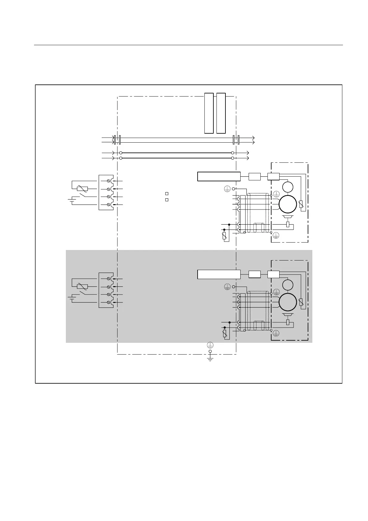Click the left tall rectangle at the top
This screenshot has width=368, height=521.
(209, 113)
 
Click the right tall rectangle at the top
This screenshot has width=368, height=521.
(221, 113)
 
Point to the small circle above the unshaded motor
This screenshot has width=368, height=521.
(288, 187)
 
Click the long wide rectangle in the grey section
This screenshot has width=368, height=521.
(219, 274)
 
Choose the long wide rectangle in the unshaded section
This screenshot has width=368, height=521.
(219, 176)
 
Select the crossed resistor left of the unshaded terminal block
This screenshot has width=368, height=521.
(82, 188)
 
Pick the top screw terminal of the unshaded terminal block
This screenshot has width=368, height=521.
(109, 180)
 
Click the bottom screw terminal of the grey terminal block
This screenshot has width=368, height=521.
(109, 302)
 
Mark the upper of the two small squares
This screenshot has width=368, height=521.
(166, 194)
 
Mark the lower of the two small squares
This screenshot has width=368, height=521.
(166, 200)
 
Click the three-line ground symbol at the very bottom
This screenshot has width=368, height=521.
(210, 359)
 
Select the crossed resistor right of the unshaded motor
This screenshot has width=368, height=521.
(301, 204)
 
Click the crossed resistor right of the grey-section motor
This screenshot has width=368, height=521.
(301, 302)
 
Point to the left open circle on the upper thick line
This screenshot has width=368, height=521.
(121, 153)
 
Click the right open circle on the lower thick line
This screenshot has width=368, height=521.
(233, 158)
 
